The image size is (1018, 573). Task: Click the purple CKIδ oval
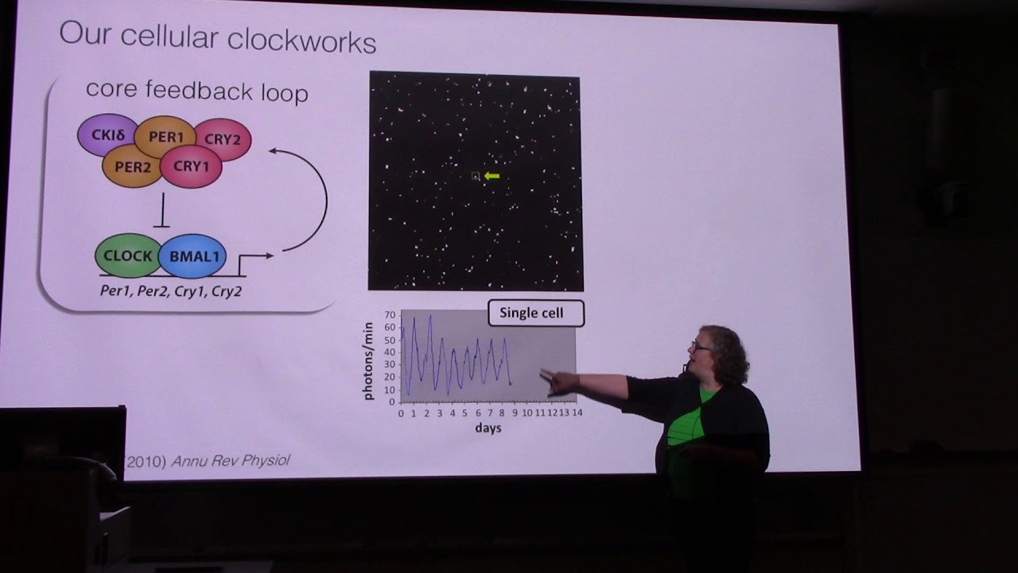click(x=107, y=135)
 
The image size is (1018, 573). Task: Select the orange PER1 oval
click(x=165, y=137)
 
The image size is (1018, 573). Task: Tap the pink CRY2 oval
click(x=223, y=139)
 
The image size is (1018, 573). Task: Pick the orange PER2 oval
click(x=132, y=166)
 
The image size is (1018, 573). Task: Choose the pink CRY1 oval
click(x=191, y=166)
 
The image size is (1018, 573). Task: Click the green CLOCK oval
click(x=127, y=256)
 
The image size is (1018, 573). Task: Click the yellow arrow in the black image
click(x=492, y=176)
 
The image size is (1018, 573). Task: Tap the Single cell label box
click(x=535, y=314)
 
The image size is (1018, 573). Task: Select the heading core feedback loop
click(x=196, y=91)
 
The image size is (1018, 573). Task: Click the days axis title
click(x=488, y=428)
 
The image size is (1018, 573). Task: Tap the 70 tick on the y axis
click(x=390, y=316)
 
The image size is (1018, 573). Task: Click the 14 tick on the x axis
click(x=577, y=412)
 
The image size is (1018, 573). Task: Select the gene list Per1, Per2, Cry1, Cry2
click(x=171, y=291)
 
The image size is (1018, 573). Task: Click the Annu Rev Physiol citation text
click(x=231, y=461)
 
